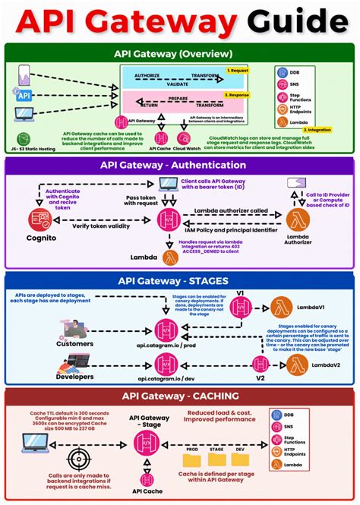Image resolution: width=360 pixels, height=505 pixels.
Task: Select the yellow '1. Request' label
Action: point(238,70)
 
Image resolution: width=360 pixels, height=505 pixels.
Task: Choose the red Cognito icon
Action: point(39,220)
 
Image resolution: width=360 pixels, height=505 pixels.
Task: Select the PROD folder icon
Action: point(191,460)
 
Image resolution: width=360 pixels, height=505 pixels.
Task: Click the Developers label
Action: point(74,376)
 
